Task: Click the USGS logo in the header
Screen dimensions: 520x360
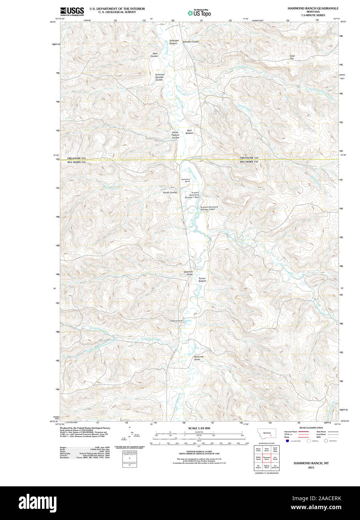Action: point(72,11)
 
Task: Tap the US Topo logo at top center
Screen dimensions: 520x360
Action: point(199,13)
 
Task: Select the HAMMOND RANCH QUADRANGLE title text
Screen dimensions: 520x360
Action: point(313,8)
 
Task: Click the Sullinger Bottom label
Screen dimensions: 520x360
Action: point(174,42)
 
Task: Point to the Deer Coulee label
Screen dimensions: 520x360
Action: point(154,55)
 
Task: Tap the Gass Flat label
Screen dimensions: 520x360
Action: point(292,57)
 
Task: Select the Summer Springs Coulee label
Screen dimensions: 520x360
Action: point(160,77)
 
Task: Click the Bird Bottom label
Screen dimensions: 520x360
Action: point(190,132)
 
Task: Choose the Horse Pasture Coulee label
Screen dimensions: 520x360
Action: point(175,135)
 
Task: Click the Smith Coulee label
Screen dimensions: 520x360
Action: point(170,192)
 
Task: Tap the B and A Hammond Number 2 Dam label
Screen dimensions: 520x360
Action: point(209,208)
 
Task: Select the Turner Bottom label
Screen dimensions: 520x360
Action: point(202,279)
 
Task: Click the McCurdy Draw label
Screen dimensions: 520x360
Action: point(199,358)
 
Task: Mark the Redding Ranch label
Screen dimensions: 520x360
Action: point(176,321)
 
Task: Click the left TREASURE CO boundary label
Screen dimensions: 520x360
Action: point(76,158)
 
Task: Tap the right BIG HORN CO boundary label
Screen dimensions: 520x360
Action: point(249,162)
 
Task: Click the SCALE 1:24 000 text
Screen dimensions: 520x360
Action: point(199,428)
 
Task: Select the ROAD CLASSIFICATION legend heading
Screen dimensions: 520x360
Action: point(311,428)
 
